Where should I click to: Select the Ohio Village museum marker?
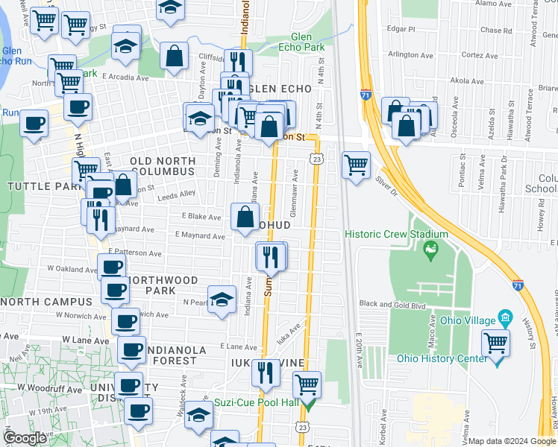505,320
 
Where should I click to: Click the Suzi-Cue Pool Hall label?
256,402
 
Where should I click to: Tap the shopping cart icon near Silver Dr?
357,165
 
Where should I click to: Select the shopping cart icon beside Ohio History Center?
495,343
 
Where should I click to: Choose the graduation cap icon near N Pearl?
220,299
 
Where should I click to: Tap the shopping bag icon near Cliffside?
174,57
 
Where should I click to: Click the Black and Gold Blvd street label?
392,304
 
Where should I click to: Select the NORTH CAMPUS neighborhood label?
48,302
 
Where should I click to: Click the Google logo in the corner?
25,438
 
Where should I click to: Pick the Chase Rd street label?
496,31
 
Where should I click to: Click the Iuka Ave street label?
291,329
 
